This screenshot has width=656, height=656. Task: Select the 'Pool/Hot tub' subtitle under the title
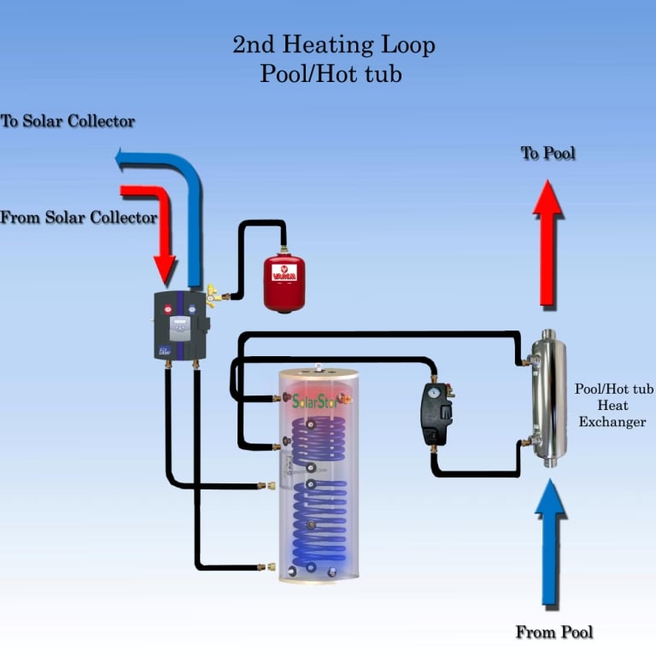331,74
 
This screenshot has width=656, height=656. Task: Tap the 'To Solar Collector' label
67,121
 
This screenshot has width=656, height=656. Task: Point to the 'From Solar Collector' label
79,218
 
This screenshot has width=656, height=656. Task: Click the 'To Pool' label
548,154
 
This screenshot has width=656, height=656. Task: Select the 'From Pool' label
553,633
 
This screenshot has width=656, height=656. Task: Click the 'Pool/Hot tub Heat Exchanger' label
609,405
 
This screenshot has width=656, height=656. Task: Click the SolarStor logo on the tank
315,401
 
